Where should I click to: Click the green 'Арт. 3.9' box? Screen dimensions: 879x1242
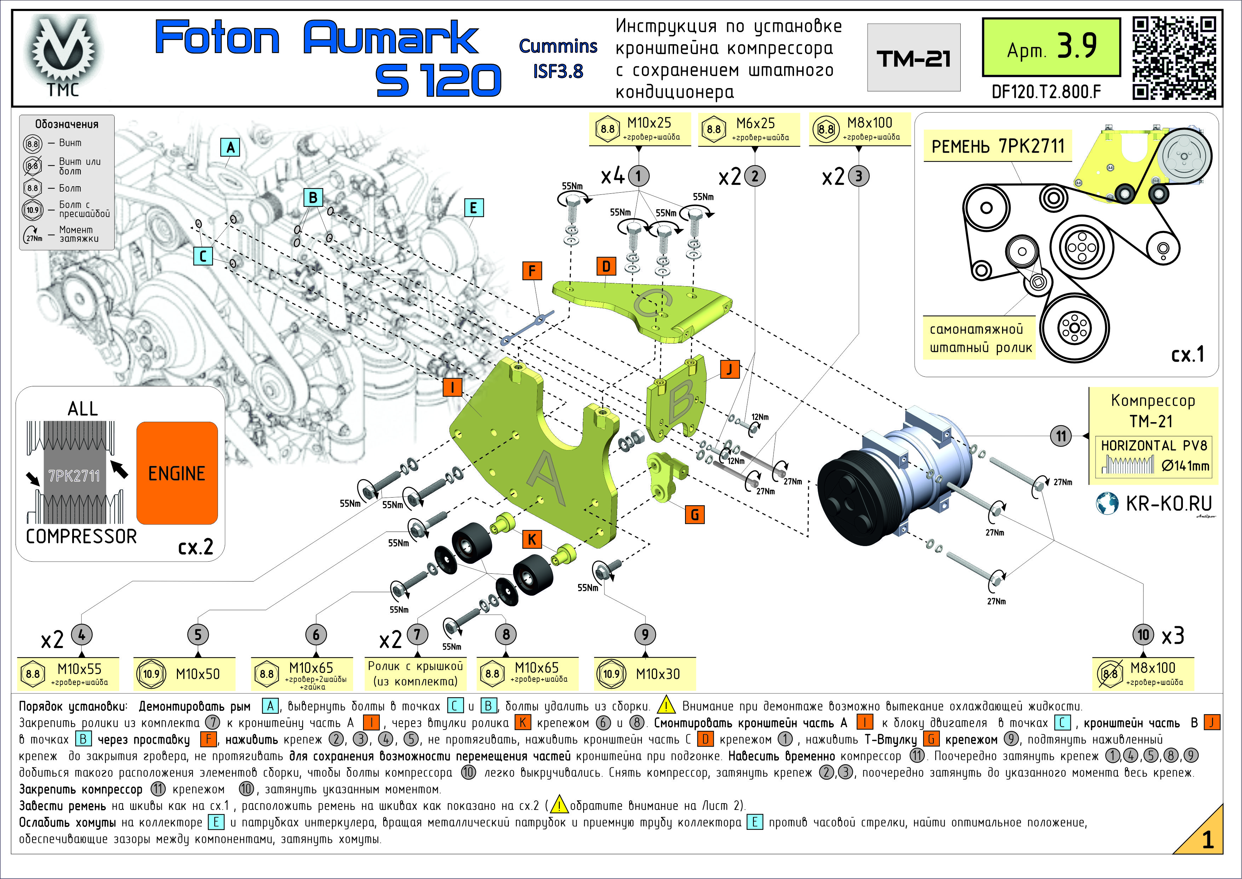pyautogui.click(x=1051, y=47)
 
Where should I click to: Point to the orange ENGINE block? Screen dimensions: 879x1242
pyautogui.click(x=177, y=473)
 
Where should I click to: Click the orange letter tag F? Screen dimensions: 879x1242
pyautogui.click(x=532, y=271)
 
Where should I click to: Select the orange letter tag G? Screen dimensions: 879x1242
pyautogui.click(x=695, y=514)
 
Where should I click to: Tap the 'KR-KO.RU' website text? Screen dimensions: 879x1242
pyautogui.click(x=1168, y=503)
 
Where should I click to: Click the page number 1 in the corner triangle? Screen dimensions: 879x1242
pyautogui.click(x=1207, y=839)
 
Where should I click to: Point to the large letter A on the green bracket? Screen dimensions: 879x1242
pyautogui.click(x=546, y=476)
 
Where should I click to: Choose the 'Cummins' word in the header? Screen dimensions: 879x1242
pyautogui.click(x=558, y=46)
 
